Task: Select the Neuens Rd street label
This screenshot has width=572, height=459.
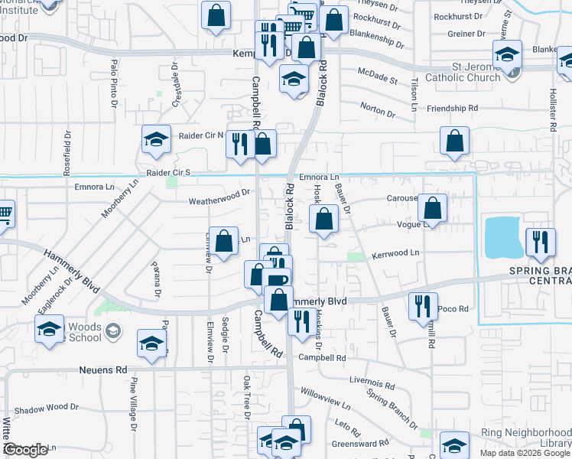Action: [x=103, y=369]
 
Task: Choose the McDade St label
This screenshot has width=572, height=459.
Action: [x=378, y=76]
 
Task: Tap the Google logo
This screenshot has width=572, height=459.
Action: [x=25, y=450]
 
